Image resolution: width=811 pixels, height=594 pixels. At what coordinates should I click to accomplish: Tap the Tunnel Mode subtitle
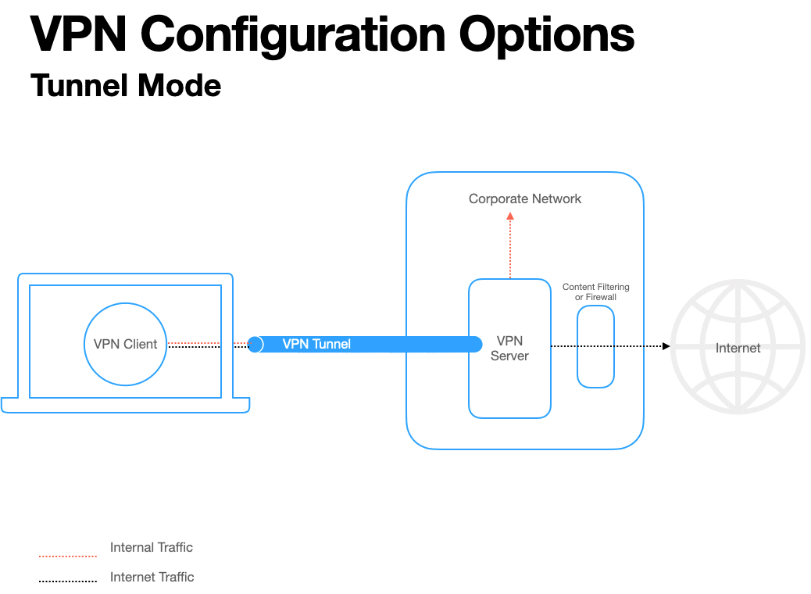(x=126, y=85)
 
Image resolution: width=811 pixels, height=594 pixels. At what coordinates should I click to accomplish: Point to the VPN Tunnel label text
(x=316, y=344)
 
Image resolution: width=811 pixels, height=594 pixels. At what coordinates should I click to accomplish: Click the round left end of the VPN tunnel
(x=255, y=344)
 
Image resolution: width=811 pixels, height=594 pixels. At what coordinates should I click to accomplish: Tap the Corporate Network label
(x=525, y=199)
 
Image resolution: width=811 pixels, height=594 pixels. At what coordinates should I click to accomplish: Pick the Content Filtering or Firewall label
(x=595, y=292)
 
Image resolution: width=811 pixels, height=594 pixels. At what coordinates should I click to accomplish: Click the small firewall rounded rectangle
(x=595, y=346)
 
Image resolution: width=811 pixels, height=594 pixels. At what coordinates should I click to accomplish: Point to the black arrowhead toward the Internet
(x=666, y=345)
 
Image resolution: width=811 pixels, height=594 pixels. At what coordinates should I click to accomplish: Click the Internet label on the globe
(x=738, y=348)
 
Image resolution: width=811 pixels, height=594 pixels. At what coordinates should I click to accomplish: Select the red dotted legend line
(x=68, y=556)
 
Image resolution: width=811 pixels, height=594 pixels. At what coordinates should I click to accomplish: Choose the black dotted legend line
(x=68, y=581)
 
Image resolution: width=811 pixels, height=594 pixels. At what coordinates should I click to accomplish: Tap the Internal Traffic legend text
(x=152, y=547)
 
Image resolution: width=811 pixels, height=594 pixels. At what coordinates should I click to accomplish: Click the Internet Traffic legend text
(x=152, y=577)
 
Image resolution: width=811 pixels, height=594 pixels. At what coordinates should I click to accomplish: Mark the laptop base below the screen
(x=125, y=406)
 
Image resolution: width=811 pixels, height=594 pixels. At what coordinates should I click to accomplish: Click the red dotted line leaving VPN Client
(x=195, y=342)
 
